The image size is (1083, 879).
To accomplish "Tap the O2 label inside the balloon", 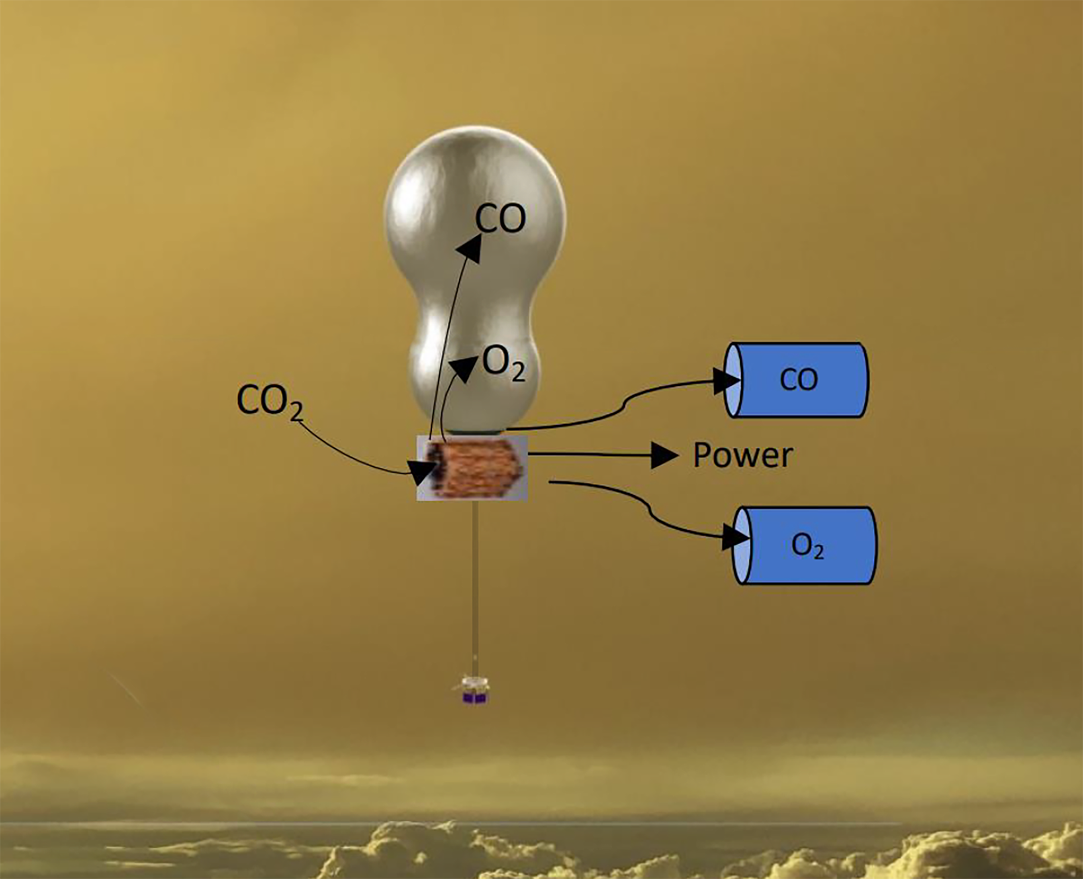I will (503, 364).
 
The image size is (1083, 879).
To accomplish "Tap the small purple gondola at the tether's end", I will (475, 698).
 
